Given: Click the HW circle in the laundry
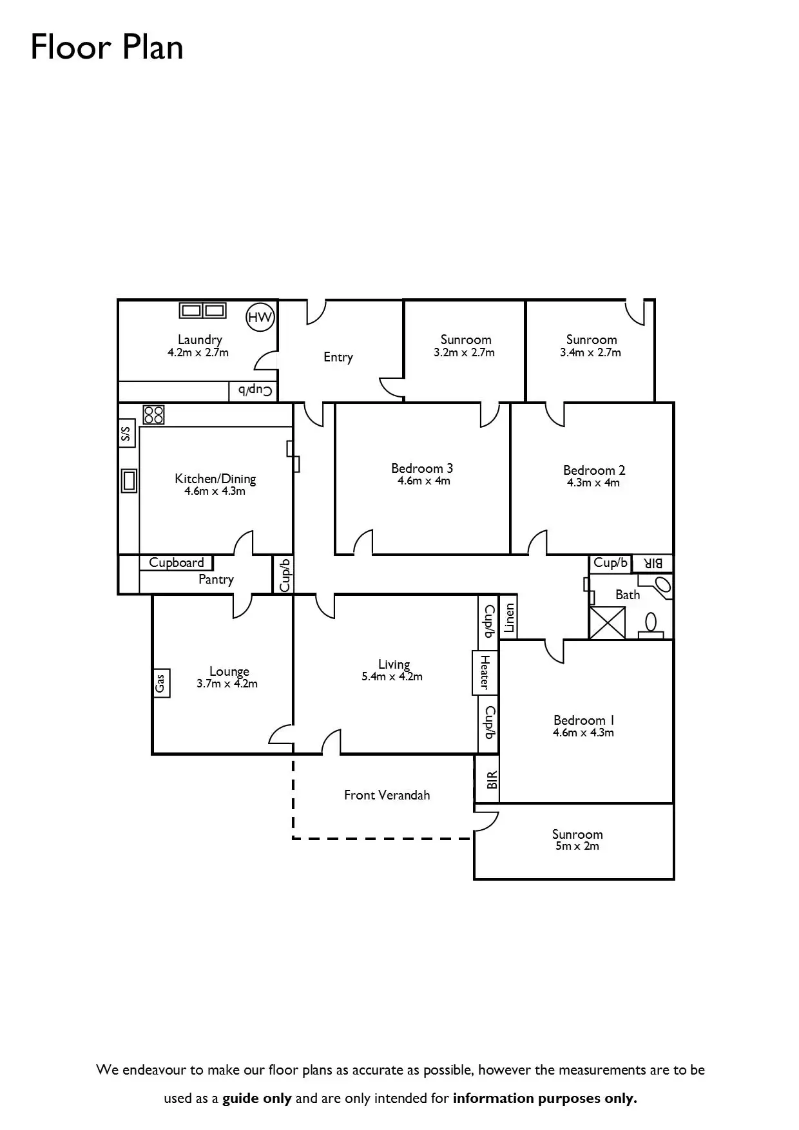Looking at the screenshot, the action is tap(260, 317).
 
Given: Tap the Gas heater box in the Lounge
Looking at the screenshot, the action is tap(160, 682).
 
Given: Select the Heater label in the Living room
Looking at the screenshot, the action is tap(485, 671).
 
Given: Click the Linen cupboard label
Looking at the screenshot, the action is tap(509, 617).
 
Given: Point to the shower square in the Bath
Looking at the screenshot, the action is tap(607, 623).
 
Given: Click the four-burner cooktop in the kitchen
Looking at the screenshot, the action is tap(154, 414).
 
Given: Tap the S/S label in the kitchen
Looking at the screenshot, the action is tap(126, 434).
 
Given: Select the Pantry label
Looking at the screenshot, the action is tap(216, 579).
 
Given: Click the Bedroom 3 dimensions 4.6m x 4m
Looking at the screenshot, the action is tap(423, 481).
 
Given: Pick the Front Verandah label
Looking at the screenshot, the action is tap(387, 795).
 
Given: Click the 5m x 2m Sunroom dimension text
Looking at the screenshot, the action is tap(577, 846).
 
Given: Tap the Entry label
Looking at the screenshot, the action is tap(338, 357).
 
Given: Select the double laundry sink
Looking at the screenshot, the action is tap(202, 311).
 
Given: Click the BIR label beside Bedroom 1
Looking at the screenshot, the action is tap(492, 780).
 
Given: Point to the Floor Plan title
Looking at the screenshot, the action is tap(107, 47).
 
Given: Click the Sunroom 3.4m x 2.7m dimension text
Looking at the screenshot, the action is tap(590, 352).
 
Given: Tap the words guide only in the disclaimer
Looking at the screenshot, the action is tap(257, 1098).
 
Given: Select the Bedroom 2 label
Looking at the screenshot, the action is tap(594, 470).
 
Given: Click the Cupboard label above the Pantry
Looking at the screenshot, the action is tap(176, 562).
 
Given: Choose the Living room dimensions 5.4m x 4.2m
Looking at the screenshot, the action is tap(392, 676).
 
